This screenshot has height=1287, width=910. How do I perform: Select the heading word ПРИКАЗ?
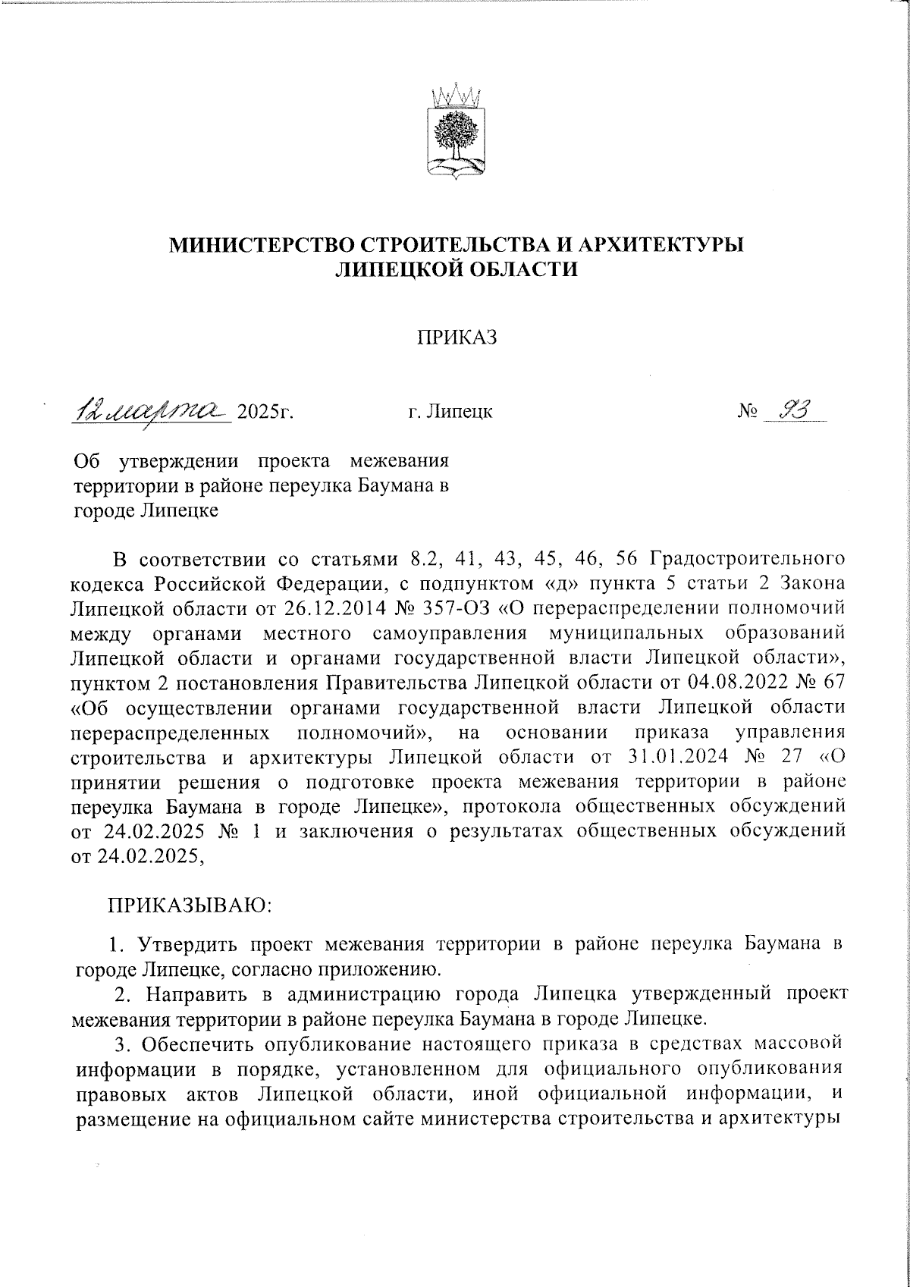[456, 337]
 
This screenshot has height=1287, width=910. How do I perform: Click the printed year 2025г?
[265, 413]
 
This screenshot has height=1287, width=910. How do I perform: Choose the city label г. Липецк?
[450, 413]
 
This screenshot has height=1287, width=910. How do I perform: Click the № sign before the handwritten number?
[747, 413]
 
